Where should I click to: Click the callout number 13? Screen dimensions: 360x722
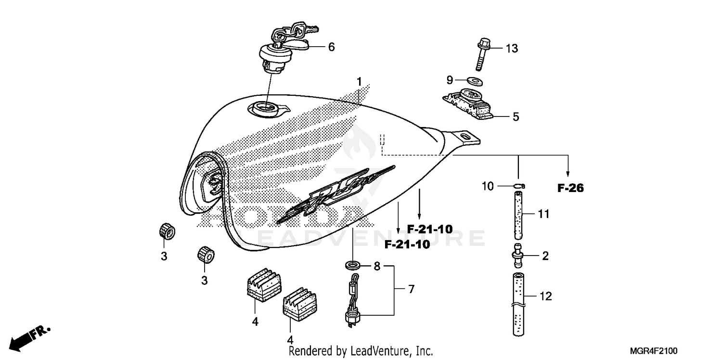coord(511,49)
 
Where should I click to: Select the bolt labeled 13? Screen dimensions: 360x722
coord(482,56)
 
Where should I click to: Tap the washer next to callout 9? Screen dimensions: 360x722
coord(475,81)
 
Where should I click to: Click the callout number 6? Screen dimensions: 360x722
coord(331,47)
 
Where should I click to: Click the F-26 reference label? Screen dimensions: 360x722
coord(570,189)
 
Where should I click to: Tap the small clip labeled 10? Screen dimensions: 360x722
coord(518,186)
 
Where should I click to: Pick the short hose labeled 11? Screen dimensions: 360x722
coord(518,215)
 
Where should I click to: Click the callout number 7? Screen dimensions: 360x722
coord(411,289)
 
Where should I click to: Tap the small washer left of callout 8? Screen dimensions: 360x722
coord(352,265)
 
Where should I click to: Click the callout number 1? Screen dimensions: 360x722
coord(358,80)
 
